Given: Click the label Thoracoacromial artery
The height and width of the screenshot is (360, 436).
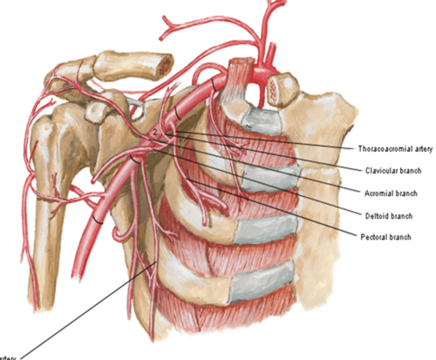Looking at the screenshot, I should tap(395, 149).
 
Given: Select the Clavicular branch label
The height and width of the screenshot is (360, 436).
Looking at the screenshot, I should tap(393, 171).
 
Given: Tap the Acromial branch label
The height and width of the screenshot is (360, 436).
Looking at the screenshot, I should tap(391, 193).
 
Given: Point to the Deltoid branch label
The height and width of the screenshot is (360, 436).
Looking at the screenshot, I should tap(389, 216).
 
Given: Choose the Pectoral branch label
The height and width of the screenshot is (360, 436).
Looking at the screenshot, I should tap(386, 237).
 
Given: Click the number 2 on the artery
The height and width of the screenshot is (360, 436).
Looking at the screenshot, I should tap(155, 132).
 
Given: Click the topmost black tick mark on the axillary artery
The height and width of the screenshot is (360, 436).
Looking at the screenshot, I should tap(214, 85).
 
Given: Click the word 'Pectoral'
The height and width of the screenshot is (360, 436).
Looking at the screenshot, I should tap(373, 237).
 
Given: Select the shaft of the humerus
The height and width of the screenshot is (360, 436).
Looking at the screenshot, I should tap(45, 242).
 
